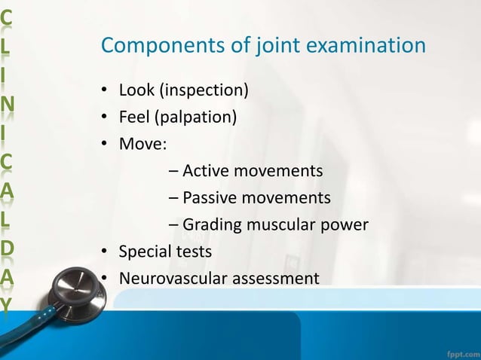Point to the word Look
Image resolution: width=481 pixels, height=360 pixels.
(134, 91)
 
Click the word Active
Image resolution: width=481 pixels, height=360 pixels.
(205, 171)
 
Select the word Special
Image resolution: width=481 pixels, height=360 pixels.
(145, 251)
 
